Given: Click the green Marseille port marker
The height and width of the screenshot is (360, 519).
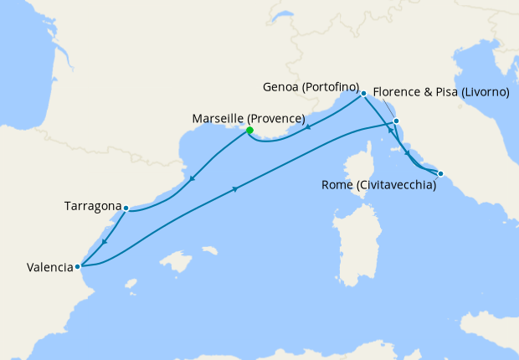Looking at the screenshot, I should pyautogui.click(x=249, y=130).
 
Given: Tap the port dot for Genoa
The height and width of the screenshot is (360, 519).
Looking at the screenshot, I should pyautogui.click(x=363, y=94).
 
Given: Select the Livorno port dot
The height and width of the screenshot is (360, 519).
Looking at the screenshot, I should pyautogui.click(x=396, y=122).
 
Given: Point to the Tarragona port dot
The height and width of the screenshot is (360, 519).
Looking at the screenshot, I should pyautogui.click(x=126, y=208).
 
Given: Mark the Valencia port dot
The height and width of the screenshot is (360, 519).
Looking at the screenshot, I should pyautogui.click(x=78, y=267).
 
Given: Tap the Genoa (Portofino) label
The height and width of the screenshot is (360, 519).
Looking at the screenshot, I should pyautogui.click(x=311, y=87).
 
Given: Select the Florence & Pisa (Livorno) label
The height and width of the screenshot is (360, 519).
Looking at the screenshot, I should pyautogui.click(x=440, y=92).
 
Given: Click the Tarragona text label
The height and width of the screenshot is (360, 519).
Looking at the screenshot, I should pyautogui.click(x=92, y=205).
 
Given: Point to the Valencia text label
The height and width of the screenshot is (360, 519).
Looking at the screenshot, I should pyautogui.click(x=49, y=268).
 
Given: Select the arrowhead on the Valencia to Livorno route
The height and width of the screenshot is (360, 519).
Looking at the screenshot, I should pyautogui.click(x=235, y=189).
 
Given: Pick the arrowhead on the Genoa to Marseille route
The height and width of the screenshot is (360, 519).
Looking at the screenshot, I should pyautogui.click(x=309, y=127).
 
